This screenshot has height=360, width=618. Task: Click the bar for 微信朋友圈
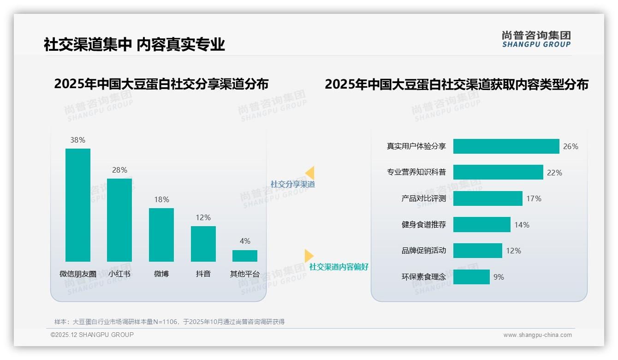click(x=78, y=205)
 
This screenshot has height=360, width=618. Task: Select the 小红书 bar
click(x=119, y=220)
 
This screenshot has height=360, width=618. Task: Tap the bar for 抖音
click(x=203, y=244)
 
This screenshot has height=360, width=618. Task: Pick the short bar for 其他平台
click(x=245, y=256)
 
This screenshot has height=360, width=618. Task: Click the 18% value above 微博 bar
click(x=161, y=199)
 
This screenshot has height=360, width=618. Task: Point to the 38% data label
click(x=78, y=140)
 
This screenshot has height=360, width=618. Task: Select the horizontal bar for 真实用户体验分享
click(x=506, y=146)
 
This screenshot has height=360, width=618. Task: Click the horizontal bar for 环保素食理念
click(x=471, y=277)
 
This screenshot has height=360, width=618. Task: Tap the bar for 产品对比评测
click(x=487, y=198)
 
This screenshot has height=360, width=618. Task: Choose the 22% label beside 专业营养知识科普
click(x=554, y=173)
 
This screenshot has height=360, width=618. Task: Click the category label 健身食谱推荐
click(x=423, y=225)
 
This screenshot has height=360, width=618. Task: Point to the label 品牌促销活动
click(x=423, y=251)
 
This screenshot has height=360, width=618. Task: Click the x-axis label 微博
click(x=161, y=274)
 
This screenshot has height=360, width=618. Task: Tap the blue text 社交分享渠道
click(x=292, y=184)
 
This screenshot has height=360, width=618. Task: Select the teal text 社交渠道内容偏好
click(x=339, y=267)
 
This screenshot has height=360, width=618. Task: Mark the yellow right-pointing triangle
click(x=309, y=256)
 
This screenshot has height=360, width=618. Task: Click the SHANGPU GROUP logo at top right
click(x=536, y=39)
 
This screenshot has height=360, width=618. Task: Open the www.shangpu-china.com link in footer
click(x=537, y=335)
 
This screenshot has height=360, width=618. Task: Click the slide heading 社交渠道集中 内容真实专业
click(x=134, y=44)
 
